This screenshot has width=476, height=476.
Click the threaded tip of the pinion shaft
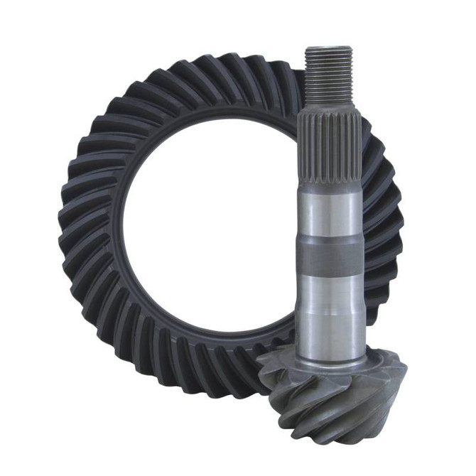pyautogui.click(x=329, y=75)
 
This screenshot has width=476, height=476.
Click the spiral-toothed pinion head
pyautogui.click(x=334, y=398)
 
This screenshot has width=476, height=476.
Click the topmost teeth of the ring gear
pyautogui.click(x=213, y=71)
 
